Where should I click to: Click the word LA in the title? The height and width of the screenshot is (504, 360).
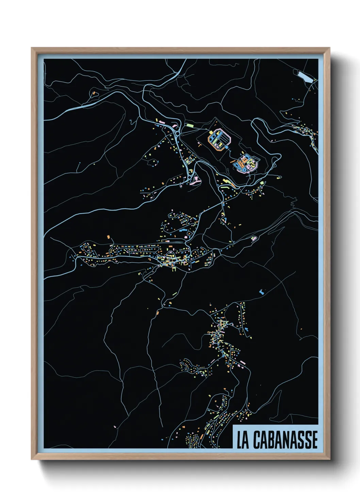click(x=243, y=440)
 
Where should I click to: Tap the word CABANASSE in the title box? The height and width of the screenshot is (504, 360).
click(x=285, y=440)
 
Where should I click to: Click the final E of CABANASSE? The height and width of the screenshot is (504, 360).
click(x=315, y=440)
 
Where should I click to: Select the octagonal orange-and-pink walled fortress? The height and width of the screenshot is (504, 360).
click(x=219, y=139)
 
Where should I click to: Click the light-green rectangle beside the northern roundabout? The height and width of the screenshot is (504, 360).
click(x=189, y=125)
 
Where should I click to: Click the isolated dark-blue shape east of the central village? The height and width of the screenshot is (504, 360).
click(x=262, y=292)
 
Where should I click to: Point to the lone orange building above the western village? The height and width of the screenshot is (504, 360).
click(x=109, y=236)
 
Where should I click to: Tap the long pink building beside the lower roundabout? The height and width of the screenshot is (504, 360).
click(x=195, y=182)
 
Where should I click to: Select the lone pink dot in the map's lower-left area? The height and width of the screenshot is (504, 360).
click(x=115, y=426)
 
